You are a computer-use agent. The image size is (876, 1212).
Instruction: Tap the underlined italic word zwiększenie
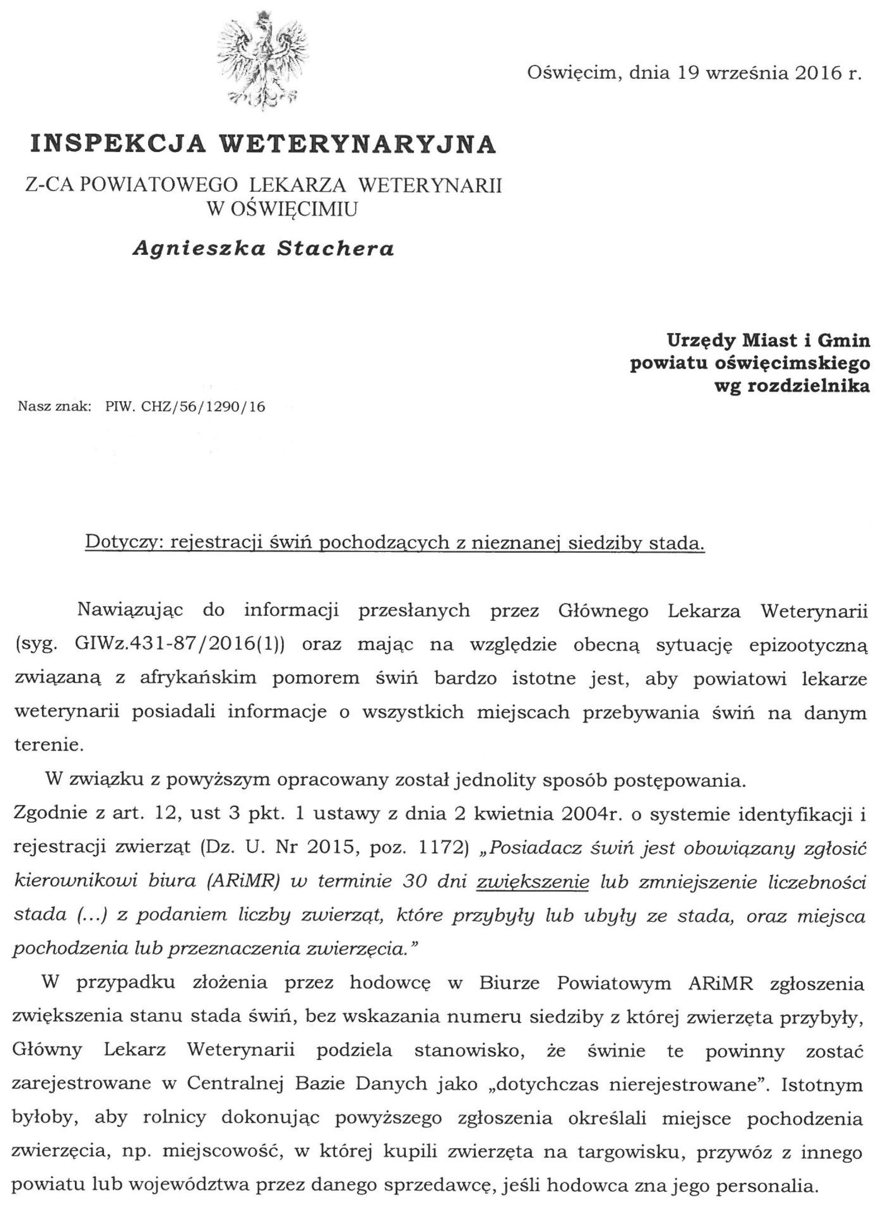tap(532, 882)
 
